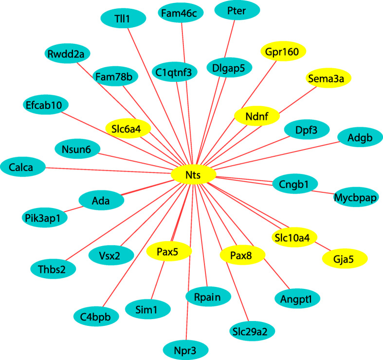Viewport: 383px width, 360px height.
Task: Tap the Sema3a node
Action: (x=328, y=77)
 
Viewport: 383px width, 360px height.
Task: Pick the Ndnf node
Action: (x=257, y=116)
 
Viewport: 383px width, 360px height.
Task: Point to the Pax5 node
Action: (x=169, y=251)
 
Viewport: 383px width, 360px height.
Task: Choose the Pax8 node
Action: (x=242, y=254)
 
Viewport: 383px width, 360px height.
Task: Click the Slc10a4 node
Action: (x=294, y=237)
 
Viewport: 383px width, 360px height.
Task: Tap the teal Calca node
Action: (x=23, y=168)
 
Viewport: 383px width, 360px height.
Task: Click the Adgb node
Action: (x=360, y=138)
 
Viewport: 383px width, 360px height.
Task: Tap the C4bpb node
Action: (x=96, y=317)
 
